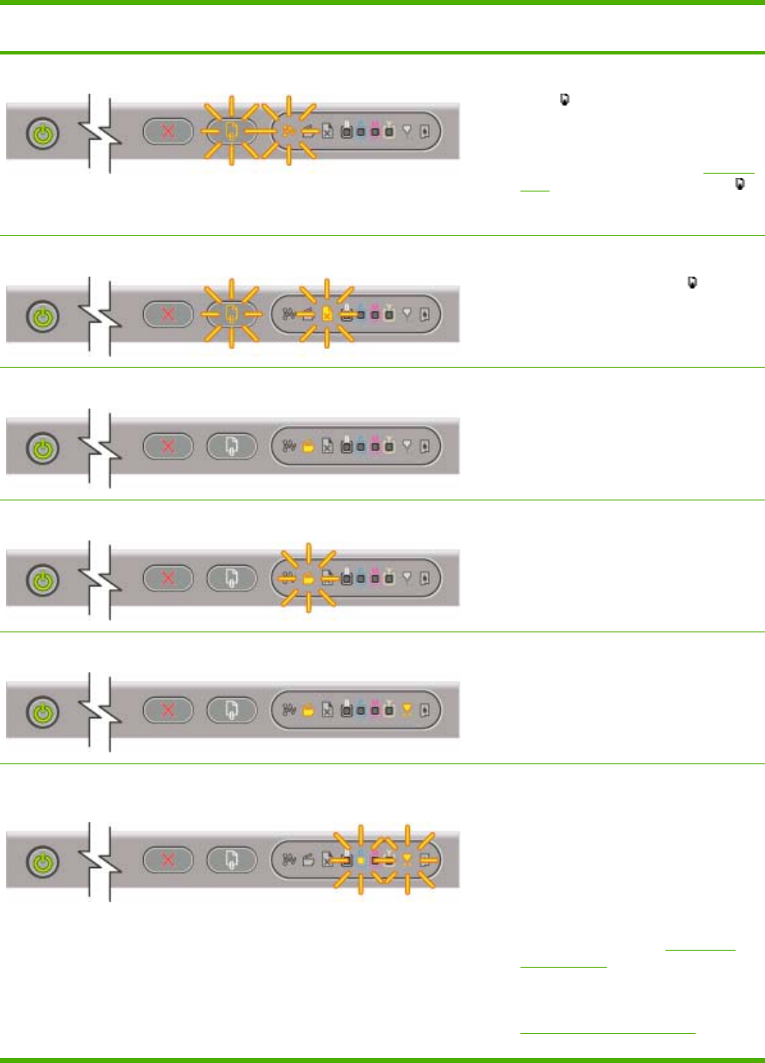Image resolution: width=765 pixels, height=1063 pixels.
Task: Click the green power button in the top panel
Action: [x=40, y=134]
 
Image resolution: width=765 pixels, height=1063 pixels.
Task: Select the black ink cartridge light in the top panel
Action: [x=346, y=132]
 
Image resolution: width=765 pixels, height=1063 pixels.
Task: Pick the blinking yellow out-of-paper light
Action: [x=326, y=313]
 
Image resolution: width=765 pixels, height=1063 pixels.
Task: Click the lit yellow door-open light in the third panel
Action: [x=309, y=444]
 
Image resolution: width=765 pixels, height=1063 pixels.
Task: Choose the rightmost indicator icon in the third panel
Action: [x=425, y=444]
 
